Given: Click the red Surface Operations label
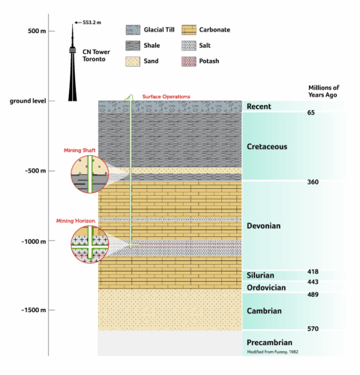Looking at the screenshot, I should [x=166, y=96].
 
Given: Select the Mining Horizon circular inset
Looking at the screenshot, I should [x=90, y=244].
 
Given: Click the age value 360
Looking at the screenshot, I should [x=313, y=182].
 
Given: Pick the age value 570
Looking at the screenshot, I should [x=313, y=328].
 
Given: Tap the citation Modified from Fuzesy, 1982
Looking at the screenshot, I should [x=274, y=351].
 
